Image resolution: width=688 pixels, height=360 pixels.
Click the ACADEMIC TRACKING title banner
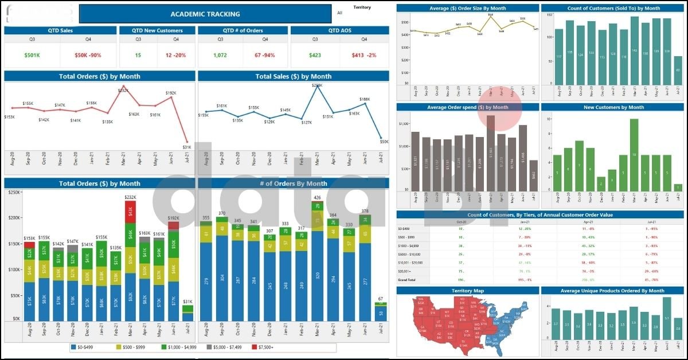205,14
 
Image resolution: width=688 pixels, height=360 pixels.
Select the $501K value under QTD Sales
33,56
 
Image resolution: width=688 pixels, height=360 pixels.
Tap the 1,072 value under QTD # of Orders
220,56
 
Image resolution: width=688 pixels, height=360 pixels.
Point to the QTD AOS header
339,30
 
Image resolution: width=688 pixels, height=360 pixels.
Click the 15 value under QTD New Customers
138,56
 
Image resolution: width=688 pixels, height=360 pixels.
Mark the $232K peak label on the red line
123,91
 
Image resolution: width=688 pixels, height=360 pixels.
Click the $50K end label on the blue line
384,142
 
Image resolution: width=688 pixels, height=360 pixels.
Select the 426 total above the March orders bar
316,198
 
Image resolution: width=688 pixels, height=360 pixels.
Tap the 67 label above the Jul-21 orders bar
380,299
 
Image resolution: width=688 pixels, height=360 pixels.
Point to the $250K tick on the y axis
12,193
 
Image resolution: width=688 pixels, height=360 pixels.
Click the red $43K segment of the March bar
130,212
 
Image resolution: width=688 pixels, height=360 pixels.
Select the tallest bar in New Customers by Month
634,155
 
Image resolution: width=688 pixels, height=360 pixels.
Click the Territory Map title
467,291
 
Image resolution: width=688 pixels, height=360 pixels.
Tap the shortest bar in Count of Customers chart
678,70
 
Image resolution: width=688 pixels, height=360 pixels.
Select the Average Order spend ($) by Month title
467,107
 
